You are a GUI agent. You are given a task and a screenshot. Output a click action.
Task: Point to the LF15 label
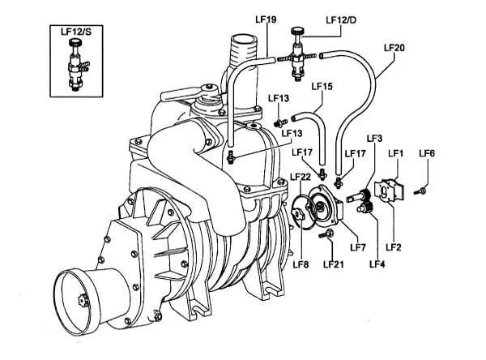click(x=322, y=86)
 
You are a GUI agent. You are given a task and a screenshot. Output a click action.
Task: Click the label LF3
click(x=374, y=139)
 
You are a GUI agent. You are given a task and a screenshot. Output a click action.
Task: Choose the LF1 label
click(x=397, y=152)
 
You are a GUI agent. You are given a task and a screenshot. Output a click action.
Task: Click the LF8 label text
click(x=301, y=264)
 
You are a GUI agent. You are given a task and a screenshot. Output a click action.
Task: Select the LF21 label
click(x=334, y=264)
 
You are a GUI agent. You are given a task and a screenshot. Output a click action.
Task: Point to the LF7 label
click(x=358, y=247)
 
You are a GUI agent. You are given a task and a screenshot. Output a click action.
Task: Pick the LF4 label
click(x=377, y=264)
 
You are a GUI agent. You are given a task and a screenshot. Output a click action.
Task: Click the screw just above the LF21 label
click(x=328, y=234)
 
